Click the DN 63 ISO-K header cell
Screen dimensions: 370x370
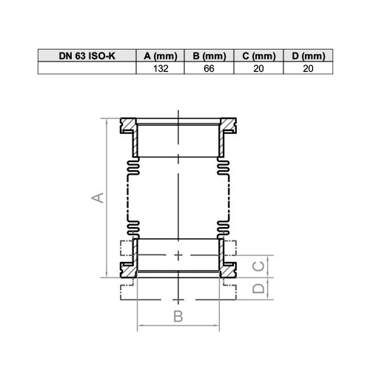(x=87, y=55)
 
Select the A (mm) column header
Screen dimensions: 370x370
(x=161, y=55)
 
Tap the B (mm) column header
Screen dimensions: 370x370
(x=209, y=55)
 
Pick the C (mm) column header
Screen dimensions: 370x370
(x=259, y=55)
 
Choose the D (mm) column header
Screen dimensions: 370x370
(x=309, y=55)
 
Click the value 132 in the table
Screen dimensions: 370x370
(x=161, y=68)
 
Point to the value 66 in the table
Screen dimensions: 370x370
(x=209, y=68)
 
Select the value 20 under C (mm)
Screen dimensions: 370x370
(x=258, y=68)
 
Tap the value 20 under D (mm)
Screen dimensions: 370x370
(x=308, y=68)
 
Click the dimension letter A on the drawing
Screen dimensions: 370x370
(x=98, y=198)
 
